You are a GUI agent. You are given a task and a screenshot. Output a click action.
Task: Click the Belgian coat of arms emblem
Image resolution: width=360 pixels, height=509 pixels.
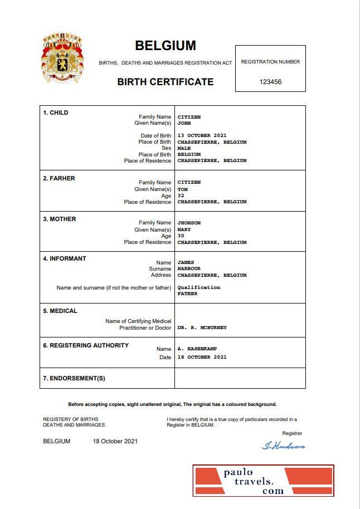pyautogui.click(x=62, y=58)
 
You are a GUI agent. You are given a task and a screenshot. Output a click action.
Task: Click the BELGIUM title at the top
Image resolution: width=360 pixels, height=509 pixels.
pyautogui.click(x=166, y=46)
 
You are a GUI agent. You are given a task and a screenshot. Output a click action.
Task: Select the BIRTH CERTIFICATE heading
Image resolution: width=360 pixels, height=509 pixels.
pyautogui.click(x=165, y=82)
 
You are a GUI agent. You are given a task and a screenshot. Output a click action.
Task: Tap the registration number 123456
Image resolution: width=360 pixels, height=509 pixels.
pyautogui.click(x=270, y=82)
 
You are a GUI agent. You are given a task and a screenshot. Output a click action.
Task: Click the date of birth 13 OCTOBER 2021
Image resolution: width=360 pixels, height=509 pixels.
pyautogui.click(x=202, y=136)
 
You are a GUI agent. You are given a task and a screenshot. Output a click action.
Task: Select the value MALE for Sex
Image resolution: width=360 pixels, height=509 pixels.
pyautogui.click(x=184, y=149)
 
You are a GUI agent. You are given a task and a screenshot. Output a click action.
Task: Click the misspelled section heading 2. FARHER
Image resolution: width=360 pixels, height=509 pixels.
pyautogui.click(x=59, y=178)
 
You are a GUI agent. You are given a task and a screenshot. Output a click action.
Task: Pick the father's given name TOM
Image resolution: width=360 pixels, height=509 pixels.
pyautogui.click(x=182, y=189)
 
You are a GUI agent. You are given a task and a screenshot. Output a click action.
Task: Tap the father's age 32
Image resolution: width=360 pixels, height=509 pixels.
pyautogui.click(x=181, y=195)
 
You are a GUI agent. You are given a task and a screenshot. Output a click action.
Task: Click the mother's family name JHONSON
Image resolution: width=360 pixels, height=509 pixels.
pyautogui.click(x=189, y=223)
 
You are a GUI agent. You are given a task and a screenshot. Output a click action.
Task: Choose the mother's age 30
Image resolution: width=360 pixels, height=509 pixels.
pyautogui.click(x=181, y=236)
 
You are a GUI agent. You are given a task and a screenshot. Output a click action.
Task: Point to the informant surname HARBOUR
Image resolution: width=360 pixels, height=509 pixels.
pyautogui.click(x=189, y=269)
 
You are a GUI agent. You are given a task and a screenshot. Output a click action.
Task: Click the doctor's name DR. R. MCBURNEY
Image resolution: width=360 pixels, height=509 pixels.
pyautogui.click(x=202, y=328)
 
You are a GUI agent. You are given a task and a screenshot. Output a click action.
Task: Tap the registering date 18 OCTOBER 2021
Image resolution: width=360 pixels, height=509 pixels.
pyautogui.click(x=202, y=357)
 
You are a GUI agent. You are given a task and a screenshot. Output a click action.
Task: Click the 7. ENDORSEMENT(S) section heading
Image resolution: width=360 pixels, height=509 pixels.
pyautogui.click(x=74, y=379)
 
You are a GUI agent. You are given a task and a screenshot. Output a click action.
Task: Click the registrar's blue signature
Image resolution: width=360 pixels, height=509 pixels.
pyautogui.click(x=283, y=446)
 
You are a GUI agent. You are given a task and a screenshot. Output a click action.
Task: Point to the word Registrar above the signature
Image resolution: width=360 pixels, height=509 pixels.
pyautogui.click(x=292, y=433)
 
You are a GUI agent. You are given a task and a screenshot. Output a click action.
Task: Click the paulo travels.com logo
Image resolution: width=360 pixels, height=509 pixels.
pyautogui.click(x=263, y=481)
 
